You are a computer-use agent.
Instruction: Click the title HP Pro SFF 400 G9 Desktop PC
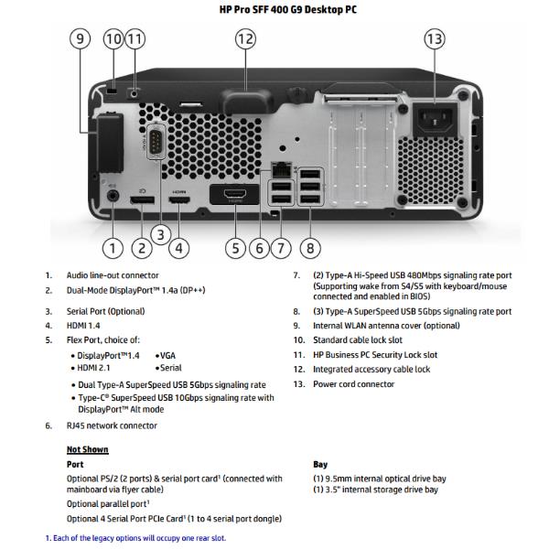click(274, 11)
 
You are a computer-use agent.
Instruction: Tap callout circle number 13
click(435, 38)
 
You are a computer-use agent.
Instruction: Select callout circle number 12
click(245, 38)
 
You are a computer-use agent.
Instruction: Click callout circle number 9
click(81, 38)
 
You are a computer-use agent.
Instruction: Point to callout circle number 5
click(235, 247)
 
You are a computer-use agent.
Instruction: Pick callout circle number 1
click(113, 247)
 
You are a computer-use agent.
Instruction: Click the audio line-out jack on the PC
click(113, 194)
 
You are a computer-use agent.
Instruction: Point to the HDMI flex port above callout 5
click(235, 195)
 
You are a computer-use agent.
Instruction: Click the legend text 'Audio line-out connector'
click(113, 274)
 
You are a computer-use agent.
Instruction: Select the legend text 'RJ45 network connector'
click(111, 425)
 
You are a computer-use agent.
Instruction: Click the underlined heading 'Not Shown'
click(87, 449)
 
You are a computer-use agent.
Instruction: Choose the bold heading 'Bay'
click(321, 464)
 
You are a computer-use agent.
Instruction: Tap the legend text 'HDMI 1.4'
click(84, 325)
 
